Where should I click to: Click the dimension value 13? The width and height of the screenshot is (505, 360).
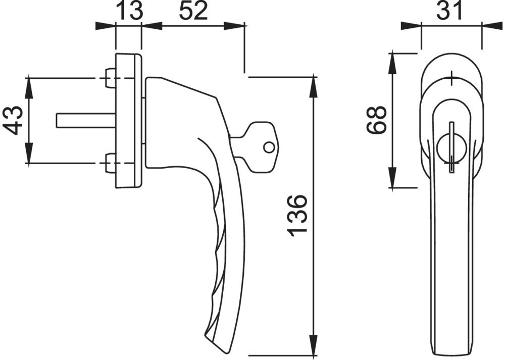(129, 10)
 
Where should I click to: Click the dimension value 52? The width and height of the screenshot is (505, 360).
(193, 10)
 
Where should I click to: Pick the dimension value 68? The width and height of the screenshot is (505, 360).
(376, 120)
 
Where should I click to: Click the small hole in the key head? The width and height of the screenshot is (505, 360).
(269, 147)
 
